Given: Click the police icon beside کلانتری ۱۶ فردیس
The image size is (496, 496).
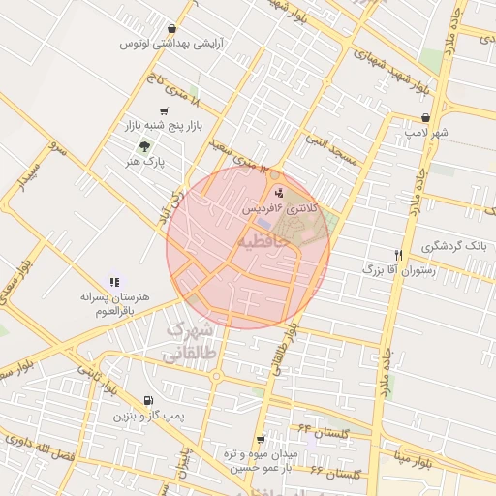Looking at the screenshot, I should coord(280,193).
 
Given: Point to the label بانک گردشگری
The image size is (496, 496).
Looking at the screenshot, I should coord(448,247).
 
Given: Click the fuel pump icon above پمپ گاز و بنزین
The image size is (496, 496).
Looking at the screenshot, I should coord(146,400).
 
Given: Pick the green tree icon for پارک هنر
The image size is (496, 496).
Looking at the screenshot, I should coord(144,147).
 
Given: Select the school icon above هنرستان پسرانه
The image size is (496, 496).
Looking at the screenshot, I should coord(114,281).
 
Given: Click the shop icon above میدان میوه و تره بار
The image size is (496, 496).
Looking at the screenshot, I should coord(261,439).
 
